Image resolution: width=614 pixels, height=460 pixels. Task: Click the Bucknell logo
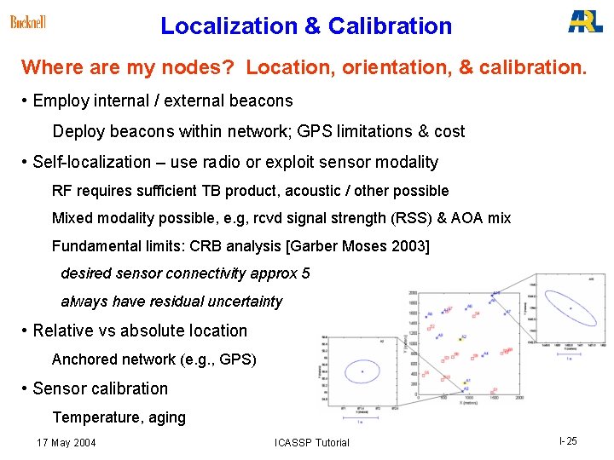coord(28,22)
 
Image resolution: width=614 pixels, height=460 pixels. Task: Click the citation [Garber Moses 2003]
coord(358,246)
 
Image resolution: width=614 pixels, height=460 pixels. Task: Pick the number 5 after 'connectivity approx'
coord(305,273)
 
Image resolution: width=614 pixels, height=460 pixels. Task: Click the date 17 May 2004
coord(67,442)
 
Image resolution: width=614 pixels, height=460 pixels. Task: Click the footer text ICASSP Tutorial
coord(312,442)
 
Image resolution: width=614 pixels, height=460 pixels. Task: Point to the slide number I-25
coord(568,441)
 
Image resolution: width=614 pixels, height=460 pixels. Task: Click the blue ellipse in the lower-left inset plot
coord(362,371)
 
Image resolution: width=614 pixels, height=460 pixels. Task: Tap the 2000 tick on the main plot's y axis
coord(412,293)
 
